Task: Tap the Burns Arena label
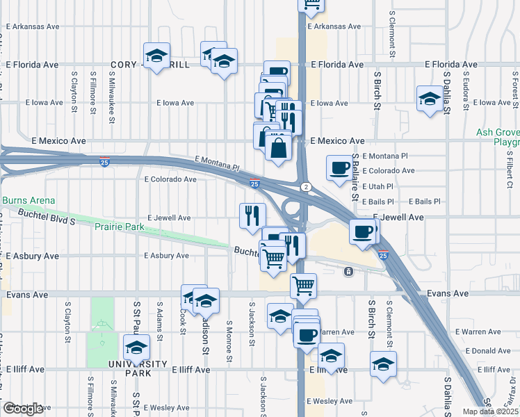(x=28, y=201)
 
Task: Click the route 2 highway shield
(x=305, y=187)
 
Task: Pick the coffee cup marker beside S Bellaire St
(x=339, y=167)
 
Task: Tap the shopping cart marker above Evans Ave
(x=303, y=284)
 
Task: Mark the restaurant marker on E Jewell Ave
(x=251, y=214)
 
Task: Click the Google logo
(x=23, y=409)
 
